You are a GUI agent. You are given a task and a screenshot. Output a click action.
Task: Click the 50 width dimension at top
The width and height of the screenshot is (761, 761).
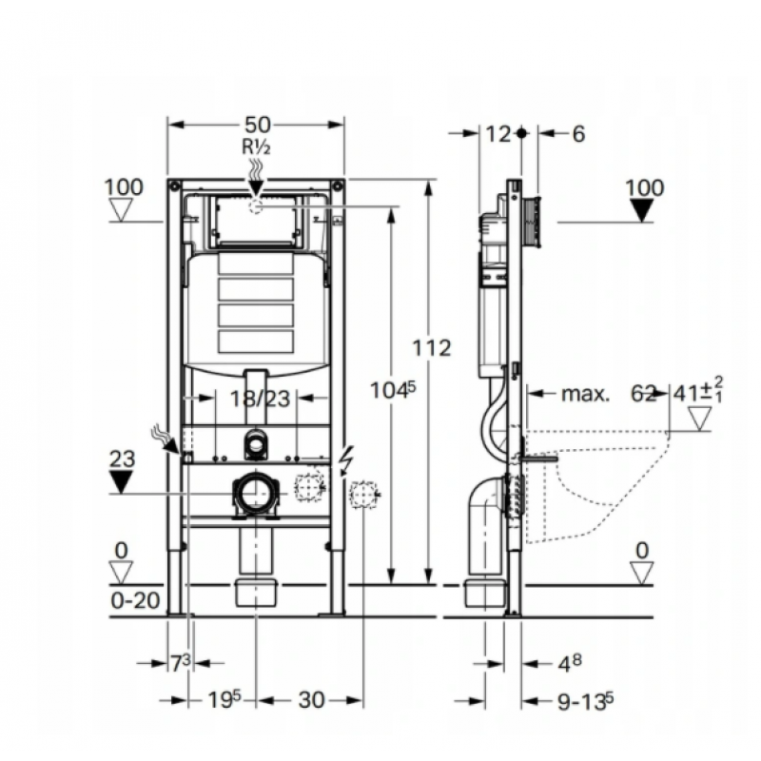pos(258,124)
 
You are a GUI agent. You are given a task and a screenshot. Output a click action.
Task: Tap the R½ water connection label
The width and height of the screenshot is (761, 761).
pos(257,146)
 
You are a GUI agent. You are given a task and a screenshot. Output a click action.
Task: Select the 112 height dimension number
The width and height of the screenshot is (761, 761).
pos(432,349)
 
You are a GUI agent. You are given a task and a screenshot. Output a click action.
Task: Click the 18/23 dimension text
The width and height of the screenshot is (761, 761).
pos(260,400)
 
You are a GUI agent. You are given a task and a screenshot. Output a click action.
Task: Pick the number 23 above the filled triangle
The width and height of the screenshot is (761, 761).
pos(122,459)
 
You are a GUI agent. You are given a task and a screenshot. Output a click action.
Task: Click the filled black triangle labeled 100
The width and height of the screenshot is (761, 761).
pos(644,211)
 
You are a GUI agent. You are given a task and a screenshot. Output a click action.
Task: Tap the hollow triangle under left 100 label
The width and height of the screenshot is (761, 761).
pos(124,210)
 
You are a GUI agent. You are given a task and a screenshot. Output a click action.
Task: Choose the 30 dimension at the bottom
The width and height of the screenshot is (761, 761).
pos(311,700)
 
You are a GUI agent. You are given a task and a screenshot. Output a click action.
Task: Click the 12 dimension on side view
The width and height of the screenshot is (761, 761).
pos(498,134)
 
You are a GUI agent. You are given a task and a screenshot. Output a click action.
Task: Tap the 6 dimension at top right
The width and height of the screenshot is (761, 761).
pos(577,134)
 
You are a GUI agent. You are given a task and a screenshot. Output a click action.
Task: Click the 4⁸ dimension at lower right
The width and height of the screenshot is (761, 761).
pos(568,662)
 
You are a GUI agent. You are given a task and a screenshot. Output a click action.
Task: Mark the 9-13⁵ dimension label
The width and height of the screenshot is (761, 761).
pos(583,701)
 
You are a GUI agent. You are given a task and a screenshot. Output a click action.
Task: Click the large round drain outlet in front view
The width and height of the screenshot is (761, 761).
pos(254,494)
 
